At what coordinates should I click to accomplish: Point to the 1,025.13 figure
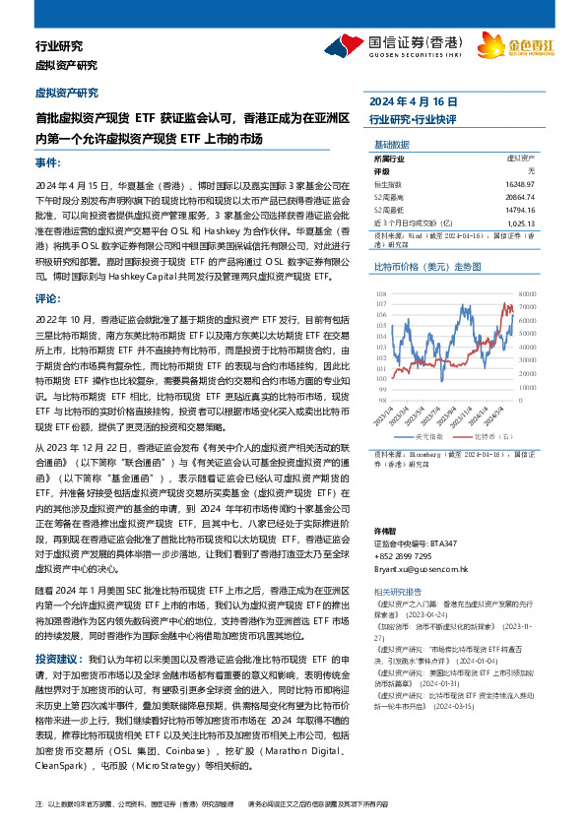523,223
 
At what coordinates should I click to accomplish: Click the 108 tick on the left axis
379,292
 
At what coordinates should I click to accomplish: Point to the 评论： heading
46,297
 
